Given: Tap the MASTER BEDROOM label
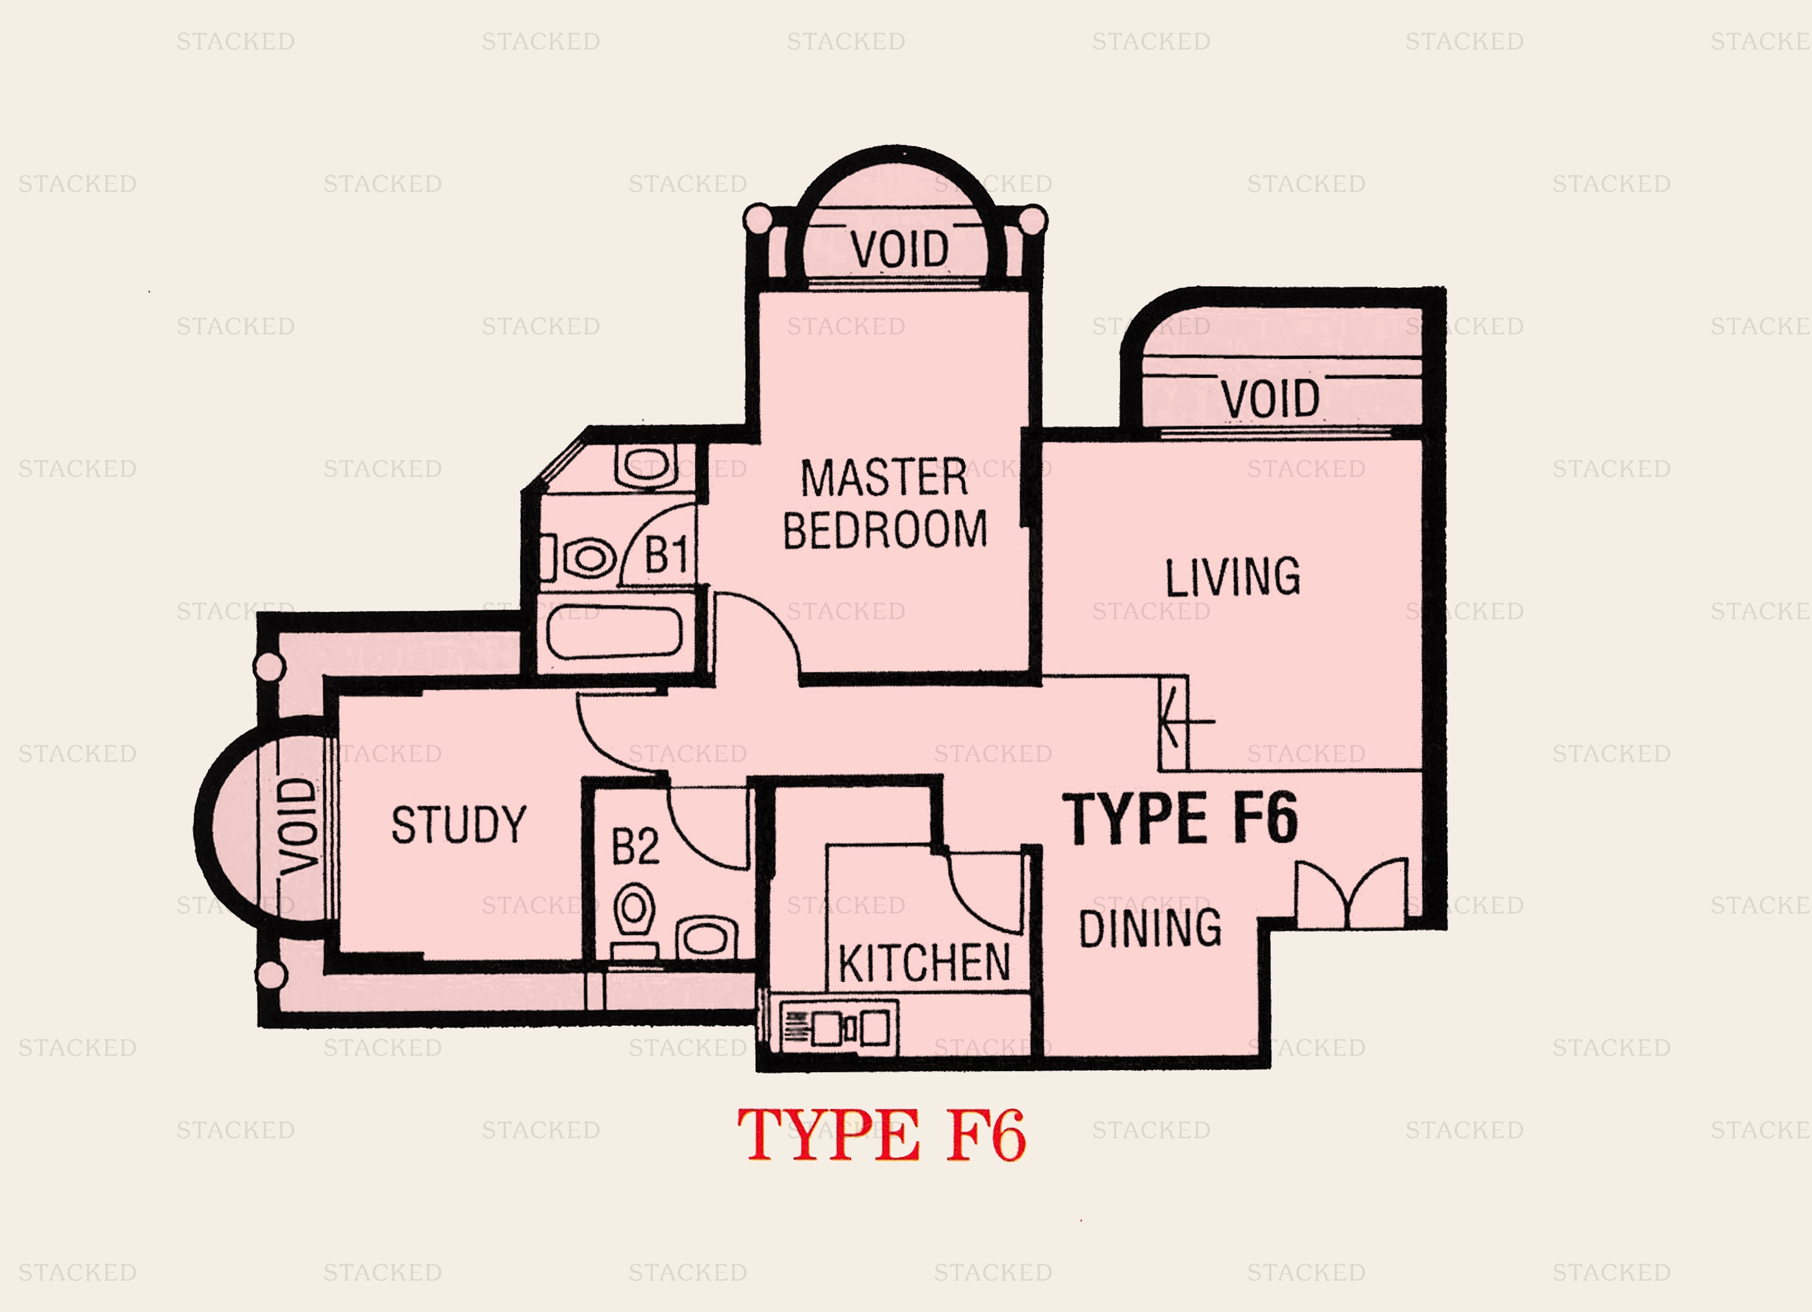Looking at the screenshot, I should tap(885, 504).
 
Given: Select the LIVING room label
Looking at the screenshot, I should tap(1232, 577).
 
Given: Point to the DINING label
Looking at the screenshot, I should tap(1150, 928).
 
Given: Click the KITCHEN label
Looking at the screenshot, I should tap(924, 963).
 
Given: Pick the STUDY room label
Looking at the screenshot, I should tap(459, 825).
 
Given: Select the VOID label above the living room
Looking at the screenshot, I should tap(1270, 399).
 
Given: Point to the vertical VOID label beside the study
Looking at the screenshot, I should tap(299, 825).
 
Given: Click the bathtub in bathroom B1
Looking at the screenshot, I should tap(614, 632).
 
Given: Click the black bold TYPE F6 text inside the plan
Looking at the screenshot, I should tap(1179, 818).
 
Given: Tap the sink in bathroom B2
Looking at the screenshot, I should tap(706, 936).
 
